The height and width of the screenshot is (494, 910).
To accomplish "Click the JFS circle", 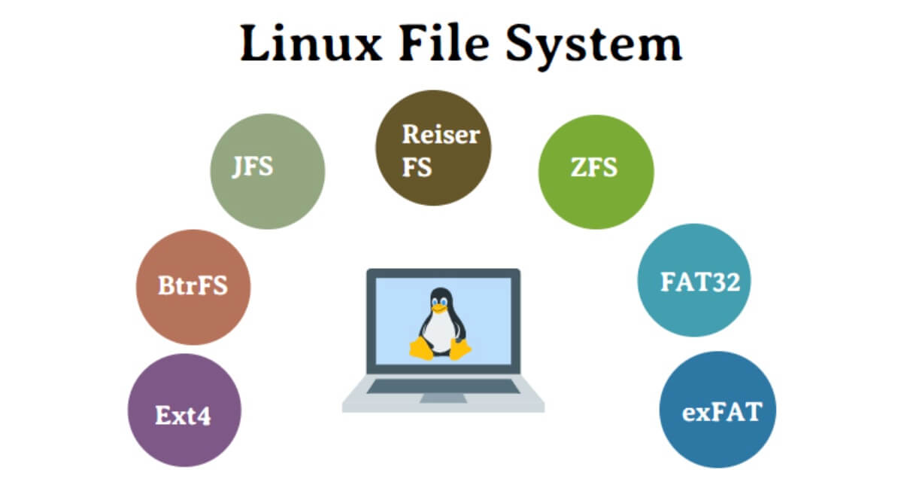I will (267, 172).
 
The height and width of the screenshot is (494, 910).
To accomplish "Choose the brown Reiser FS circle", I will (433, 148).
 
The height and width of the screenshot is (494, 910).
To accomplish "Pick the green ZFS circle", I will (596, 172).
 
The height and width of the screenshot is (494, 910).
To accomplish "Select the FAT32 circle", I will (694, 280).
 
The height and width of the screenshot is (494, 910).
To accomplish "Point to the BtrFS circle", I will (193, 287).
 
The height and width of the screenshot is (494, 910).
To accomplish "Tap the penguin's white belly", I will (439, 331).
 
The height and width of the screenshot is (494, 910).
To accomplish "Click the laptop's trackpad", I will (443, 397).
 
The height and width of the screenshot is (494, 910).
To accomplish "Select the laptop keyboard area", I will (443, 386).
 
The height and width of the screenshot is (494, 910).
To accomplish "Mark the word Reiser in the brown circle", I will (440, 135).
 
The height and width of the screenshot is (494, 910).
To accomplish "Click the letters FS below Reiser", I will (417, 166).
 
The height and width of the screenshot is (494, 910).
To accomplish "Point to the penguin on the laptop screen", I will (439, 324).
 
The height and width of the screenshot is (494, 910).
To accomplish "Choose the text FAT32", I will (699, 282).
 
